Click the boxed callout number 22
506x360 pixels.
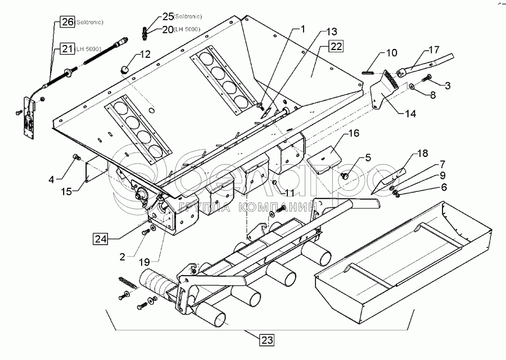coord(336,47)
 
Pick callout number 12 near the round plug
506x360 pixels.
coord(145,55)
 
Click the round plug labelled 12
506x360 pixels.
coord(124,69)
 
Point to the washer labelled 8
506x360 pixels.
coord(412,88)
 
